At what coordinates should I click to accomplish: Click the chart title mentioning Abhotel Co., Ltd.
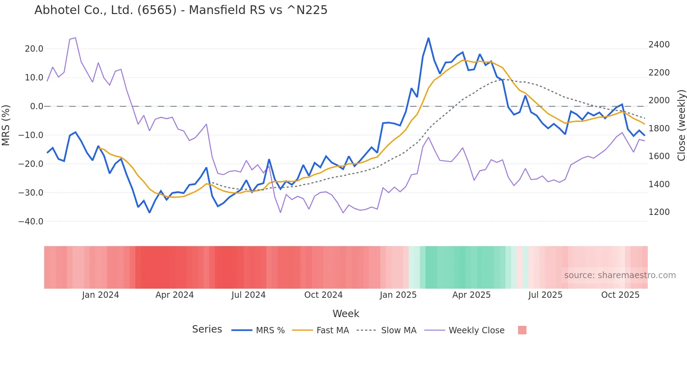[181, 10]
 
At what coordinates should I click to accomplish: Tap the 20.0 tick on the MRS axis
[34, 49]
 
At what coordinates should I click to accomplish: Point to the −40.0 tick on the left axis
[31, 222]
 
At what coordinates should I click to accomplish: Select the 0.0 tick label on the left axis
[36, 106]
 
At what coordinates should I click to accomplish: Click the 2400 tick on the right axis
[659, 45]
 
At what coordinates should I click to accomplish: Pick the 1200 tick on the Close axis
[659, 212]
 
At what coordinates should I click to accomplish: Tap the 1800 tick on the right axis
[659, 129]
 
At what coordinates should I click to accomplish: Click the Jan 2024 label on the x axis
[101, 295]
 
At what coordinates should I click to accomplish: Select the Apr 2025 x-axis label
[471, 295]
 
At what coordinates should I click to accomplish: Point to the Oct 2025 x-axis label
[620, 295]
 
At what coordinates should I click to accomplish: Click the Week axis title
[346, 314]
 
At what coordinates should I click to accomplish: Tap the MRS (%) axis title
[6, 125]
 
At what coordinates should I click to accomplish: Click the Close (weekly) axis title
[681, 125]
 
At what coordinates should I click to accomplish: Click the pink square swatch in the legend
[522, 330]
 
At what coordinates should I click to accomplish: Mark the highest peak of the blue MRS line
[428, 38]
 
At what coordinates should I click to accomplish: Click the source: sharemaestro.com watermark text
[620, 275]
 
